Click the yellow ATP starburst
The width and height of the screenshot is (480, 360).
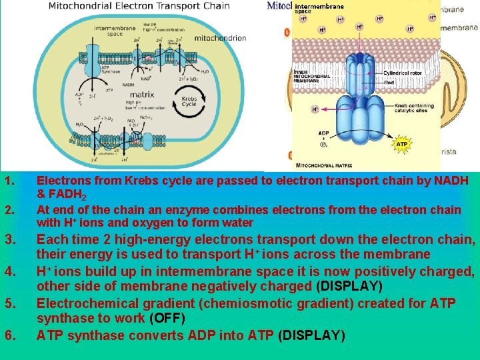[x=402, y=144]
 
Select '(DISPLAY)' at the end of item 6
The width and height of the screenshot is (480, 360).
[x=313, y=335]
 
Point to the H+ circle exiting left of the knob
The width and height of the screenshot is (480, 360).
[x=315, y=109]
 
